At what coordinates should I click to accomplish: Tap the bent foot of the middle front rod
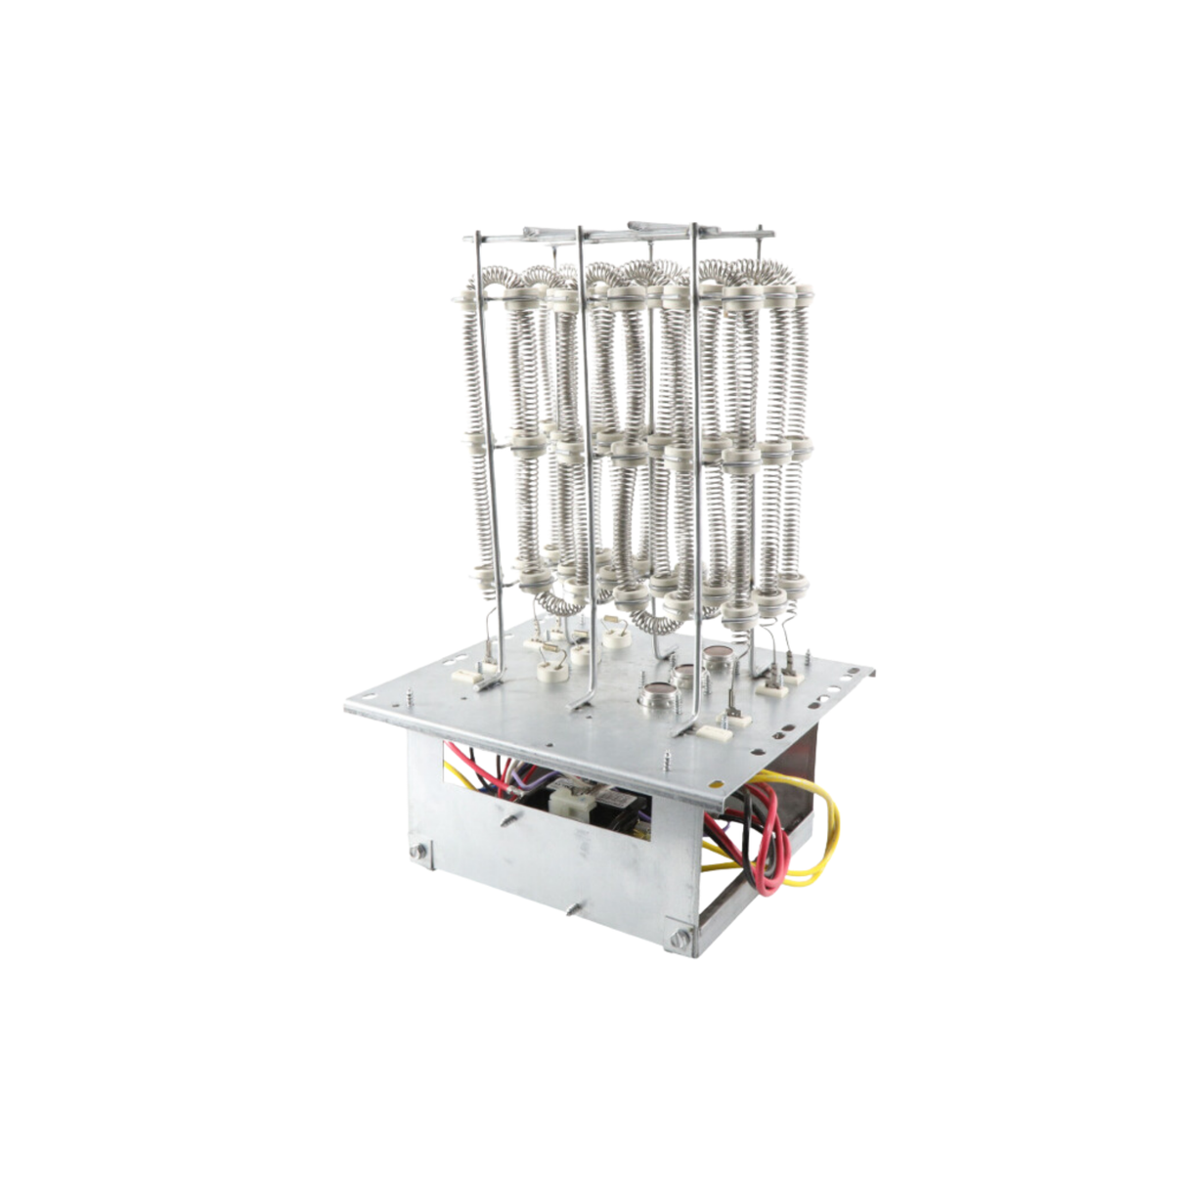coord(583,702)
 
